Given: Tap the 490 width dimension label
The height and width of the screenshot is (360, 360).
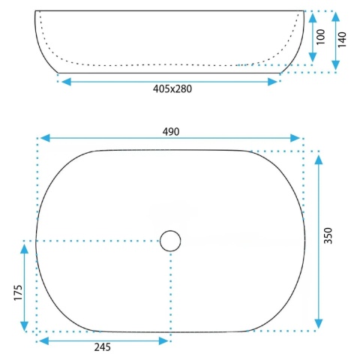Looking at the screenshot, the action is (x=171, y=131).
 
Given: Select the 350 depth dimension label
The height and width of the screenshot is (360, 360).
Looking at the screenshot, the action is (x=328, y=235).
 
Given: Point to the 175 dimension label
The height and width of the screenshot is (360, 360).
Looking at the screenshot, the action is (x=18, y=292).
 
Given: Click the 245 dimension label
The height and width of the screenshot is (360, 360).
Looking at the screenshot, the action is (x=102, y=347).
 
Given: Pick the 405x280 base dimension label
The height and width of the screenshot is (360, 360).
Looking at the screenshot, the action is (x=172, y=88).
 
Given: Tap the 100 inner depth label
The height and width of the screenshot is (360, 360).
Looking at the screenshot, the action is (x=321, y=37).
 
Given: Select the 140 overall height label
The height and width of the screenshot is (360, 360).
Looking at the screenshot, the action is (x=342, y=40).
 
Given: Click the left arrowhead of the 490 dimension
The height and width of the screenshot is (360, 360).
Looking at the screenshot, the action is (x=45, y=138).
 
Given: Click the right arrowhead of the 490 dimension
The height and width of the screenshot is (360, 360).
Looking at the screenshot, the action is (x=295, y=138).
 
